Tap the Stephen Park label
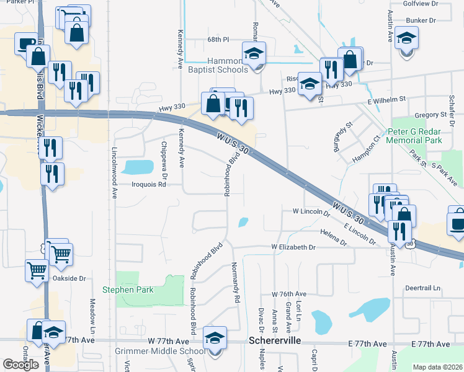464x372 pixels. [x=127, y=290]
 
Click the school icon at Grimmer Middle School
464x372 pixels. [x=215, y=338]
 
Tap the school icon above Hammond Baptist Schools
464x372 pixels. [x=254, y=53]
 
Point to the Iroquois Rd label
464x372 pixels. [x=149, y=184]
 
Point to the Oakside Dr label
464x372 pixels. [x=69, y=278]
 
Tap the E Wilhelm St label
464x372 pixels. [x=385, y=99]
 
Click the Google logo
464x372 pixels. [x=20, y=364]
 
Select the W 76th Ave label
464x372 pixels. [x=289, y=294]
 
